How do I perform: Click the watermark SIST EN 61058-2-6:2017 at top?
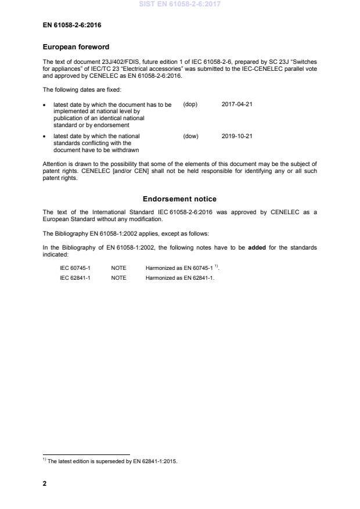(180, 4)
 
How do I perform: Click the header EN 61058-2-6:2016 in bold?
(71, 25)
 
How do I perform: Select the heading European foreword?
(76, 47)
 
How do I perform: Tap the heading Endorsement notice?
(180, 199)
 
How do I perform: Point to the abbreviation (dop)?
(190, 104)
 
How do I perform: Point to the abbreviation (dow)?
(190, 136)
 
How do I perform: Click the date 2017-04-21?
(237, 104)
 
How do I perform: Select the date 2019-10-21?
(237, 136)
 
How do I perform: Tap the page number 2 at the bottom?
(45, 483)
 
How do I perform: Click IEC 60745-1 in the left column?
(75, 268)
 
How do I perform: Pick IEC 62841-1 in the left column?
(75, 278)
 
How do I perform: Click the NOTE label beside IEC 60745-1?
(118, 268)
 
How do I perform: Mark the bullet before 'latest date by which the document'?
(45, 105)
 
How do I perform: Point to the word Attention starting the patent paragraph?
(56, 164)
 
